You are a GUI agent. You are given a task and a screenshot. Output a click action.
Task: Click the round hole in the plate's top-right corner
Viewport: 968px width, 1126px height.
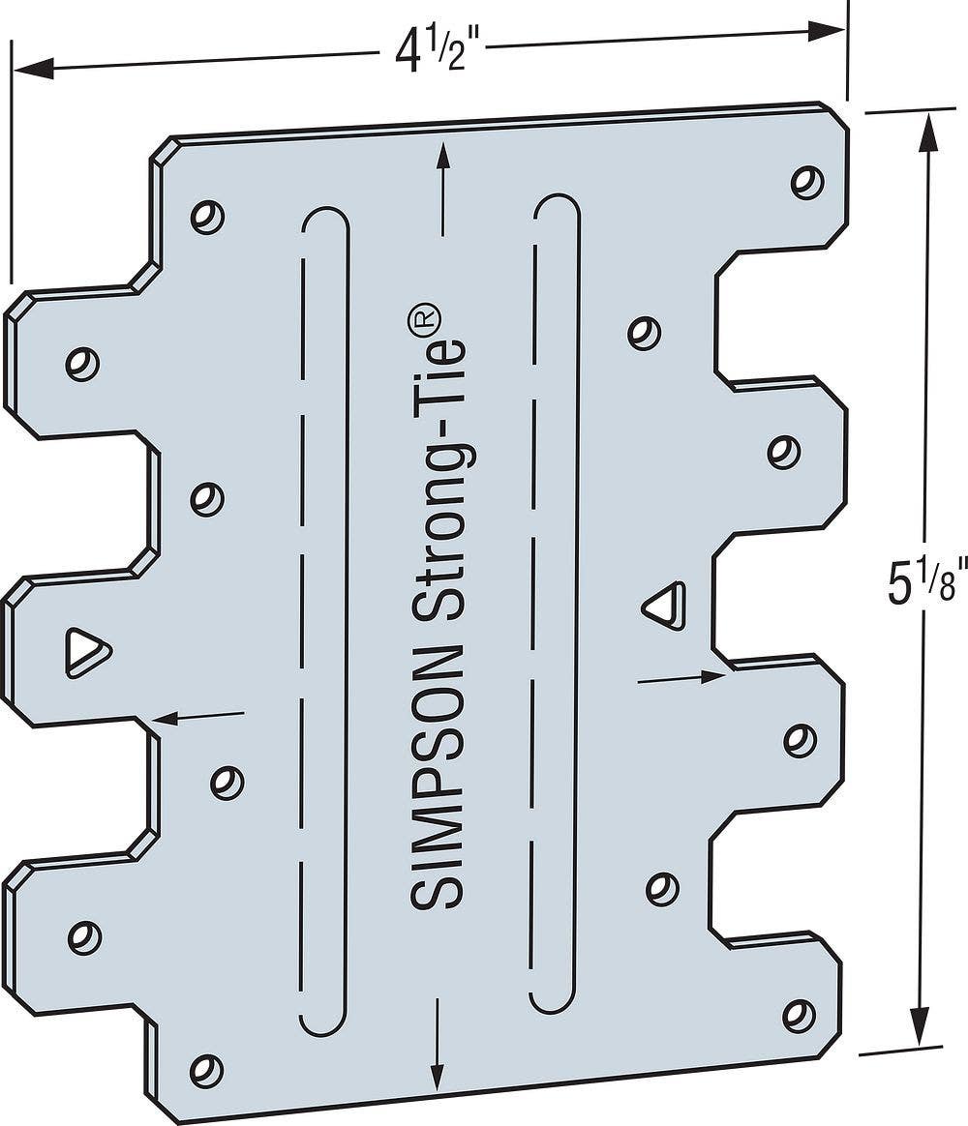tap(805, 181)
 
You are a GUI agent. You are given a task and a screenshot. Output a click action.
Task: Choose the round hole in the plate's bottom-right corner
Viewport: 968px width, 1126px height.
tap(798, 1014)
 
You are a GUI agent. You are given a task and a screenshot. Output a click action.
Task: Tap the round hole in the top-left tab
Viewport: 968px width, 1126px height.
tap(82, 363)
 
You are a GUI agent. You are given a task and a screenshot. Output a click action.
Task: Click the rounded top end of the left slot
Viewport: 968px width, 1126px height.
tap(325, 217)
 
